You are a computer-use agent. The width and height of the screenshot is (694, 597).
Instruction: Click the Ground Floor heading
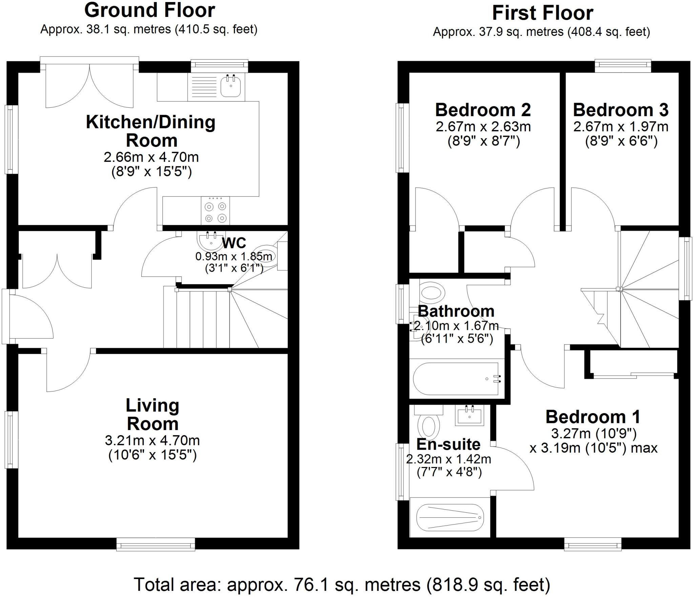149,10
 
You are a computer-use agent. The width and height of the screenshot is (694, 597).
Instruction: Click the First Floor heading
543,13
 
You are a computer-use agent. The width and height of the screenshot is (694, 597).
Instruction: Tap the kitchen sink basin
231,86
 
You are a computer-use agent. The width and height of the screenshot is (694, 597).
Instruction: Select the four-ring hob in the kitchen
215,211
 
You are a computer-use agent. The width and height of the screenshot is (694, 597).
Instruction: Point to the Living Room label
152,414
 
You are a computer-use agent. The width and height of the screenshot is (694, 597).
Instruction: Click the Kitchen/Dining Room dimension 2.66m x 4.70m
151,157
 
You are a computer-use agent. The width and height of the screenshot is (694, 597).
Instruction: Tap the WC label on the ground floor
234,243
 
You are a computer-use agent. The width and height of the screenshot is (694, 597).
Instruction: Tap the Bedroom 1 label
593,417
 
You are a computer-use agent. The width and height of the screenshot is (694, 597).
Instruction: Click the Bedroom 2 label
483,110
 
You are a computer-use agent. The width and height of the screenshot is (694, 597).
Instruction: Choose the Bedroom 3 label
621,110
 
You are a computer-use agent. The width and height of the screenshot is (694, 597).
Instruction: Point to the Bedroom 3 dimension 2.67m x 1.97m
621,127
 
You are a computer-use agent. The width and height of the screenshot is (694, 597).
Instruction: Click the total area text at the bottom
342,584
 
